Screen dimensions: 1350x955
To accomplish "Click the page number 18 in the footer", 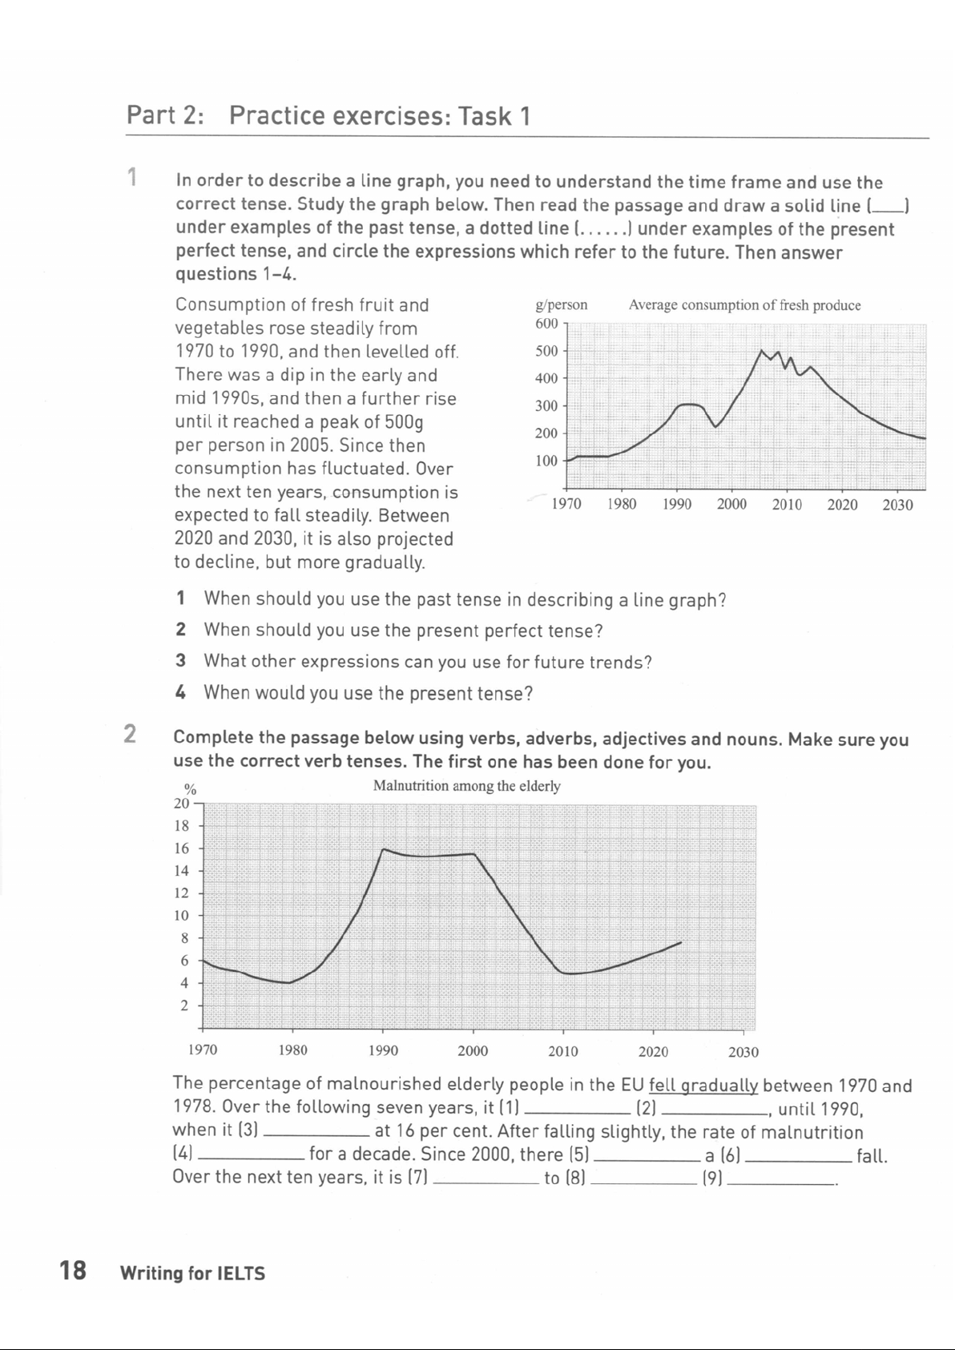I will tap(73, 1271).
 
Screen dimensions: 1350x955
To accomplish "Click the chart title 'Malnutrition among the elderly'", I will tap(466, 786).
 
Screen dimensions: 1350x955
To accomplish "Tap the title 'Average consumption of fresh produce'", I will tap(744, 305).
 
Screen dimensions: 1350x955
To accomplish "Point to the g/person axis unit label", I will tap(561, 305).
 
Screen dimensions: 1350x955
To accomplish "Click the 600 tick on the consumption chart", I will tap(546, 324).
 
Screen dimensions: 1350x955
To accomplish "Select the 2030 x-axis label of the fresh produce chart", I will tap(897, 505).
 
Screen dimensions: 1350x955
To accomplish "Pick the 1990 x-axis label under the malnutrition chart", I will tap(383, 1051).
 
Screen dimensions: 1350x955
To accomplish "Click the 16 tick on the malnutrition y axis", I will tap(182, 848).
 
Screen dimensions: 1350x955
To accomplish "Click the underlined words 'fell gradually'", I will tap(703, 1086).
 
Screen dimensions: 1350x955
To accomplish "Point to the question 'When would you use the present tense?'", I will tap(369, 693).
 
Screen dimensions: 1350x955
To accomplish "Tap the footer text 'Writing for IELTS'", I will tap(192, 1273).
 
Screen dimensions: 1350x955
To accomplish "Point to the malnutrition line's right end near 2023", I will tap(681, 942).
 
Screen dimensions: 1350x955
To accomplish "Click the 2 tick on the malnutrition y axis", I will tap(184, 1005).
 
